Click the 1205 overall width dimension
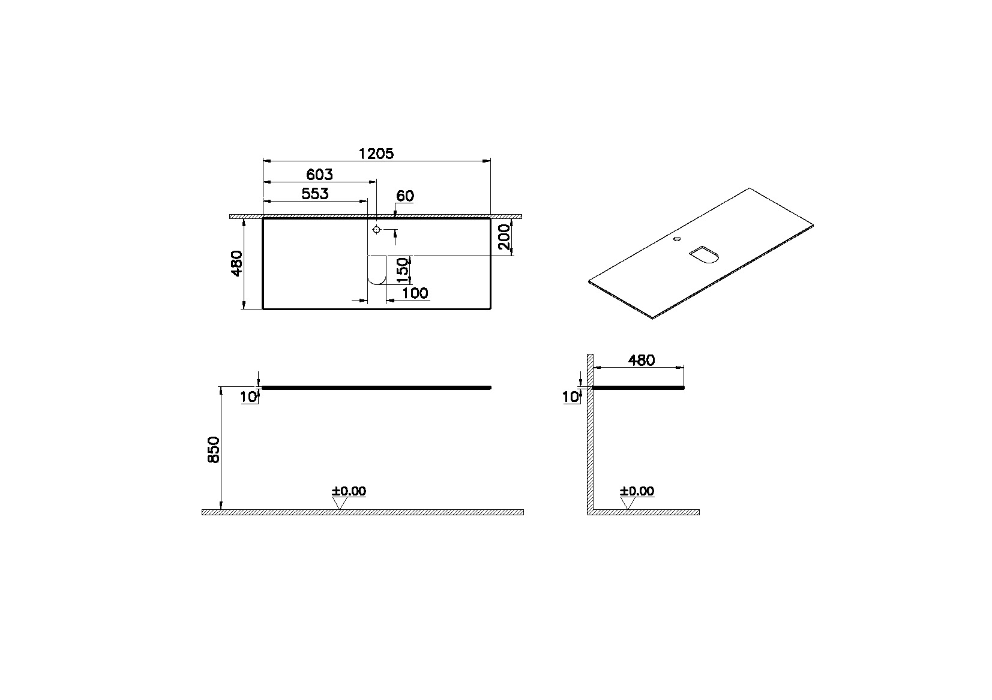click(x=376, y=154)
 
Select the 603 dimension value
click(x=319, y=175)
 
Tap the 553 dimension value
click(x=314, y=194)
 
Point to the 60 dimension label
click(x=405, y=196)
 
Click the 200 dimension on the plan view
click(x=505, y=238)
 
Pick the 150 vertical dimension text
click(x=403, y=270)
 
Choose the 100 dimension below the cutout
click(x=415, y=293)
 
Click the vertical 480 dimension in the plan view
click(x=236, y=263)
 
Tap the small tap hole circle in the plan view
click(x=376, y=230)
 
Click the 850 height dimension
click(x=214, y=449)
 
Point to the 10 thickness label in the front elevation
click(x=248, y=397)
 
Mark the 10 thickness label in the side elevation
click(x=570, y=397)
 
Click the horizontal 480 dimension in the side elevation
click(x=641, y=360)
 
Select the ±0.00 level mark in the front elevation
click(x=349, y=491)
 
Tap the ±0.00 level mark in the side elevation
click(x=637, y=491)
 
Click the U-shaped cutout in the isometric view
click(x=705, y=254)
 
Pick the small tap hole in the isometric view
click(x=678, y=239)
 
